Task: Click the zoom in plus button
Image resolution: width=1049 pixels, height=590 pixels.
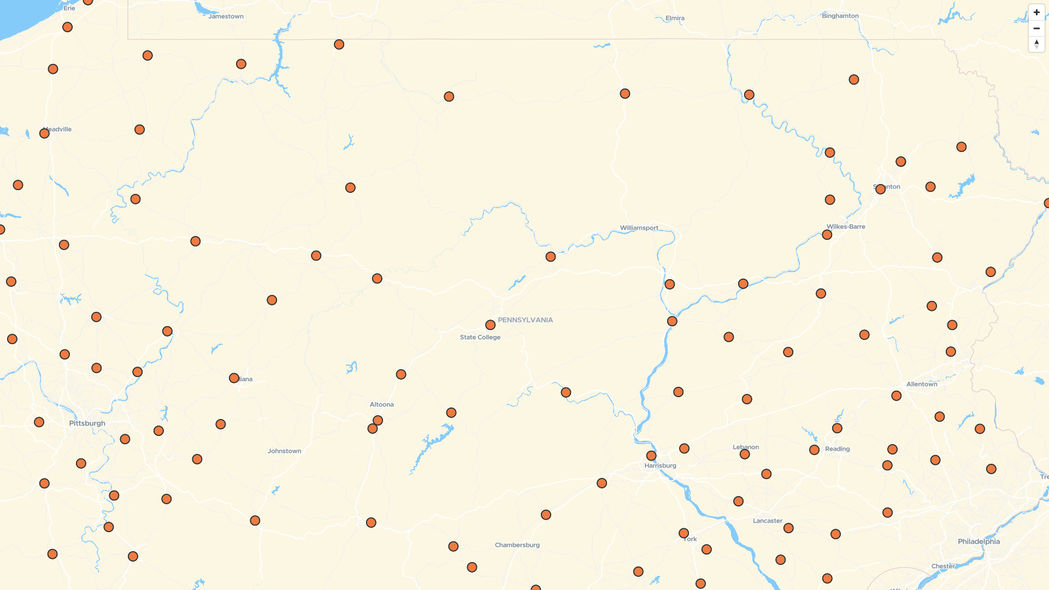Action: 1036,13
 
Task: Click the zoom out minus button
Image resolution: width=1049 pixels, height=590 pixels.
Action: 1036,28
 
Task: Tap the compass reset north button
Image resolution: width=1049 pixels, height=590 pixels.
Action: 1036,44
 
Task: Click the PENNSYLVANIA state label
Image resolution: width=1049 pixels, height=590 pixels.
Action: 525,320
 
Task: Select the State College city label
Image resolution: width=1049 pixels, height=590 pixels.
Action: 480,338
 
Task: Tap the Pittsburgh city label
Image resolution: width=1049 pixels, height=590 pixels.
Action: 87,423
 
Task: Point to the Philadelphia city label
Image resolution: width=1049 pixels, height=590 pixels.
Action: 979,542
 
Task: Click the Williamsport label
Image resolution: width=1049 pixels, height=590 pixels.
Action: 639,228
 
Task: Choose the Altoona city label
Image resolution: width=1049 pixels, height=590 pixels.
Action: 381,405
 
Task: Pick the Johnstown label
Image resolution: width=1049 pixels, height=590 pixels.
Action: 284,451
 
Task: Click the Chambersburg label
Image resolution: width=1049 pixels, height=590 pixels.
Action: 517,545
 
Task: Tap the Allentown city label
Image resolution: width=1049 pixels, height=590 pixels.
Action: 922,385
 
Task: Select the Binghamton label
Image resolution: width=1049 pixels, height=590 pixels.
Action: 840,16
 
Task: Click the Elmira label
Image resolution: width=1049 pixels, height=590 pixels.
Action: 675,19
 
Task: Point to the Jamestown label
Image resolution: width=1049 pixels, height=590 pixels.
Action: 226,16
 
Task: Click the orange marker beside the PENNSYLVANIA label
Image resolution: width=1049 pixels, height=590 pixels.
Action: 491,325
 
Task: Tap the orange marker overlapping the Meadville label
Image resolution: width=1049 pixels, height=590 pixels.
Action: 45,133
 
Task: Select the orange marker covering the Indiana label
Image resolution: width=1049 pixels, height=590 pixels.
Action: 234,378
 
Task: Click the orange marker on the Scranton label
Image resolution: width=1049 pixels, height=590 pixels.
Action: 880,189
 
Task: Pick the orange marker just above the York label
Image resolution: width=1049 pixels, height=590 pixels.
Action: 683,533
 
